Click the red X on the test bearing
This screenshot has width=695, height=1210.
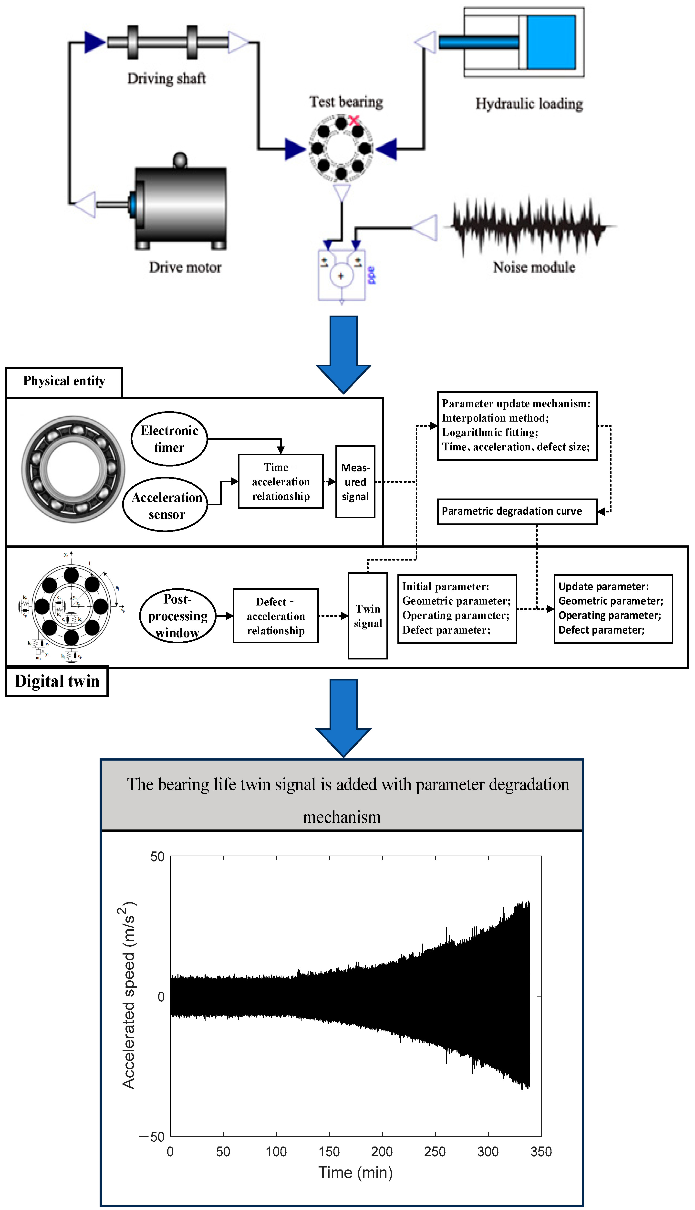(x=354, y=120)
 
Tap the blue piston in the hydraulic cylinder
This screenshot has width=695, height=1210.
(x=551, y=42)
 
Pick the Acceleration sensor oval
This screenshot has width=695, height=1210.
(x=166, y=505)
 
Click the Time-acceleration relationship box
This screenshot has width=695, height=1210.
(x=281, y=481)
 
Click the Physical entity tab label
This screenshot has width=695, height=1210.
(x=64, y=381)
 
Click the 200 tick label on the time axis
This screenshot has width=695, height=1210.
(x=382, y=1151)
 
